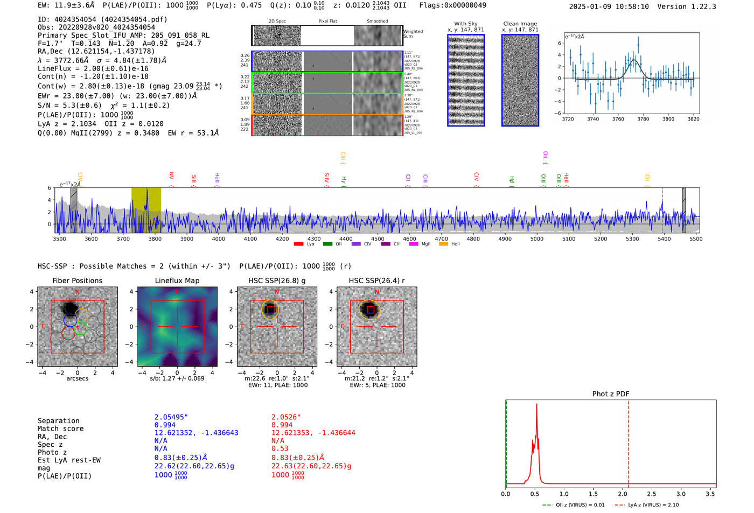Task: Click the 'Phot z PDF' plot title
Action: tap(611, 393)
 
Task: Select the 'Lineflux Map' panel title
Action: tap(177, 280)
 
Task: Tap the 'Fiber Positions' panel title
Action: tap(77, 280)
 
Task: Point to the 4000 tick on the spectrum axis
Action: tap(219, 238)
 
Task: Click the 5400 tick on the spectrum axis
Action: tap(664, 238)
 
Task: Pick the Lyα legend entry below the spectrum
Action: tap(304, 244)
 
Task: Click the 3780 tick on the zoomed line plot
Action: tap(643, 119)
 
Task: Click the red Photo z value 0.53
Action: tap(280, 448)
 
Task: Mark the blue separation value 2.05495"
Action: tap(171, 417)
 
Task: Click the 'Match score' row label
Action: tap(60, 428)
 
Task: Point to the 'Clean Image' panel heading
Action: tap(520, 24)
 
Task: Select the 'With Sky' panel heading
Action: tap(465, 24)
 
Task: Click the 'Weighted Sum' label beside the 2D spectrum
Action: tap(413, 33)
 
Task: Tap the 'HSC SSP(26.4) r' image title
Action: tap(376, 280)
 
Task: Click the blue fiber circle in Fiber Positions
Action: tap(69, 320)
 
